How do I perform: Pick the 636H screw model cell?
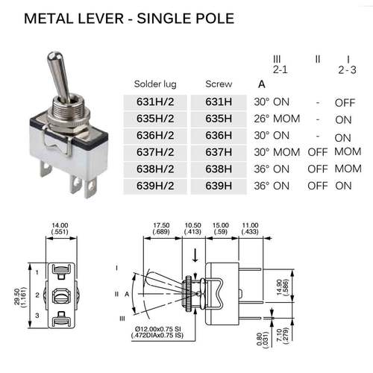[x=217, y=136]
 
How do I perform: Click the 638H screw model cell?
[x=217, y=169]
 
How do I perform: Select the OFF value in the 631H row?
[x=344, y=103]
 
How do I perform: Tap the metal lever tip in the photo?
[x=54, y=57]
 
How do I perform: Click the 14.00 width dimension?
[x=60, y=225]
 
